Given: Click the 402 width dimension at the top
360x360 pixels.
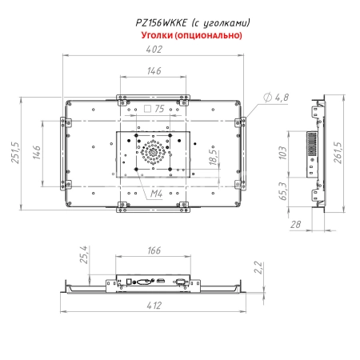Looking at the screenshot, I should [x=154, y=50].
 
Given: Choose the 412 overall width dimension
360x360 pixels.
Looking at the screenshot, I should [x=154, y=306].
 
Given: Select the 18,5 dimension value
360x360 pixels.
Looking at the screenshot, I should [x=189, y=155].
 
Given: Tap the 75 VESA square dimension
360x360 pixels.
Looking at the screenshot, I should [x=158, y=108].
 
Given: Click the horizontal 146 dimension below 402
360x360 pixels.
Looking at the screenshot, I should [x=154, y=71].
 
